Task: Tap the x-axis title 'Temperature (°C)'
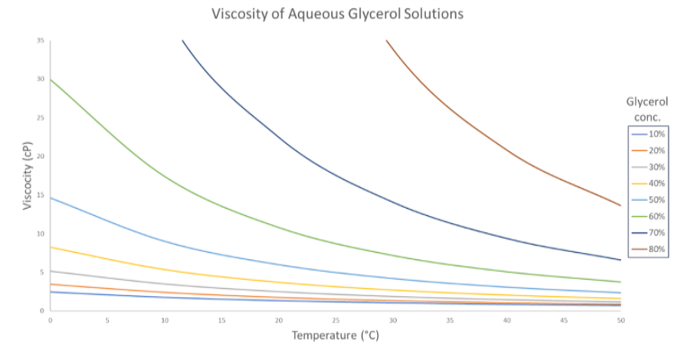(x=335, y=336)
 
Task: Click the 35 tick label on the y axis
(x=40, y=40)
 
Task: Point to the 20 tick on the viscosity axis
(x=40, y=157)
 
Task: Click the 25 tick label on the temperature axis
(x=336, y=319)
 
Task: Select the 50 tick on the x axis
(x=620, y=319)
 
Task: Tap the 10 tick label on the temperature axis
(x=165, y=319)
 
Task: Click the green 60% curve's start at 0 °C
(x=51, y=79)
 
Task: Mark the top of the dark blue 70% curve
(x=183, y=40)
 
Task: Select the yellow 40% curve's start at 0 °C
(x=51, y=247)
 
